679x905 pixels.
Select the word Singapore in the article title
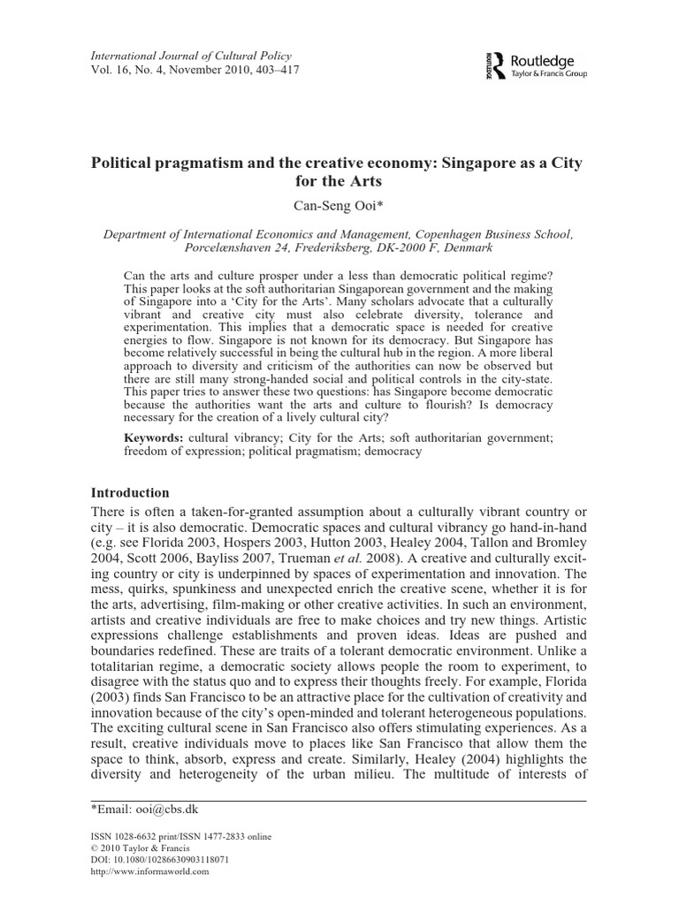point(464,164)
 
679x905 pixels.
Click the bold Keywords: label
point(154,437)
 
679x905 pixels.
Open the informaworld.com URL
point(150,871)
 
